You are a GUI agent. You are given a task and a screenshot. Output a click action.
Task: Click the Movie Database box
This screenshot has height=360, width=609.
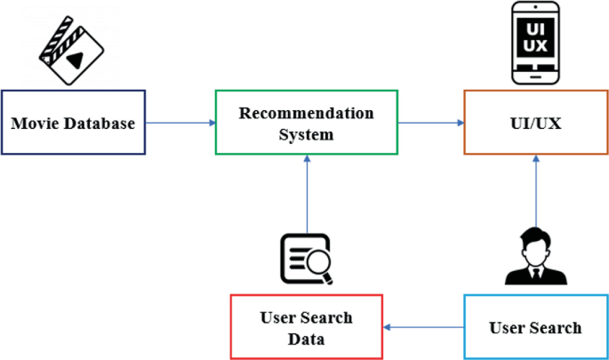pyautogui.click(x=73, y=123)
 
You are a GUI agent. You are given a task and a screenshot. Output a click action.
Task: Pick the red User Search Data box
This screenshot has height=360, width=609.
pyautogui.click(x=306, y=327)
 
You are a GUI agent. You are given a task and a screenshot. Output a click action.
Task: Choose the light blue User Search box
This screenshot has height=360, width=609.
pyautogui.click(x=535, y=327)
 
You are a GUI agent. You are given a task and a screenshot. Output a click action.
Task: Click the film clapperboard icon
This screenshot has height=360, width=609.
pyautogui.click(x=71, y=50)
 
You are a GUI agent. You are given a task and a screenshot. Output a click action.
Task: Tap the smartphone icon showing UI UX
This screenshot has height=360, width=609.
pyautogui.click(x=536, y=42)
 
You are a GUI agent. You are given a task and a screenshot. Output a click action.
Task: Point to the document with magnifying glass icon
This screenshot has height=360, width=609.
pyautogui.click(x=306, y=259)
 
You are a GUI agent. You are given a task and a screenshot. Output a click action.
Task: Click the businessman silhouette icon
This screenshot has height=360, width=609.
pyautogui.click(x=535, y=258)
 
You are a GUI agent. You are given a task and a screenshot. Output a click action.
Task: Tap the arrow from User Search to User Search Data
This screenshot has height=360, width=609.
pyautogui.click(x=423, y=327)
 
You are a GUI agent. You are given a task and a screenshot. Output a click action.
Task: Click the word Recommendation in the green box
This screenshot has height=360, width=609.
pyautogui.click(x=306, y=113)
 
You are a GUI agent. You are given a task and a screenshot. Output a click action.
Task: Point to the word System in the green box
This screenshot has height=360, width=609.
pyautogui.click(x=306, y=134)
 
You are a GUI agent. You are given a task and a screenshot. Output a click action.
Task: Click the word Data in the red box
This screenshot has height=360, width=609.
pyautogui.click(x=306, y=339)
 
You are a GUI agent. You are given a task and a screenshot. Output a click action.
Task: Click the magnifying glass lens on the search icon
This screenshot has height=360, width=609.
pyautogui.click(x=317, y=263)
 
